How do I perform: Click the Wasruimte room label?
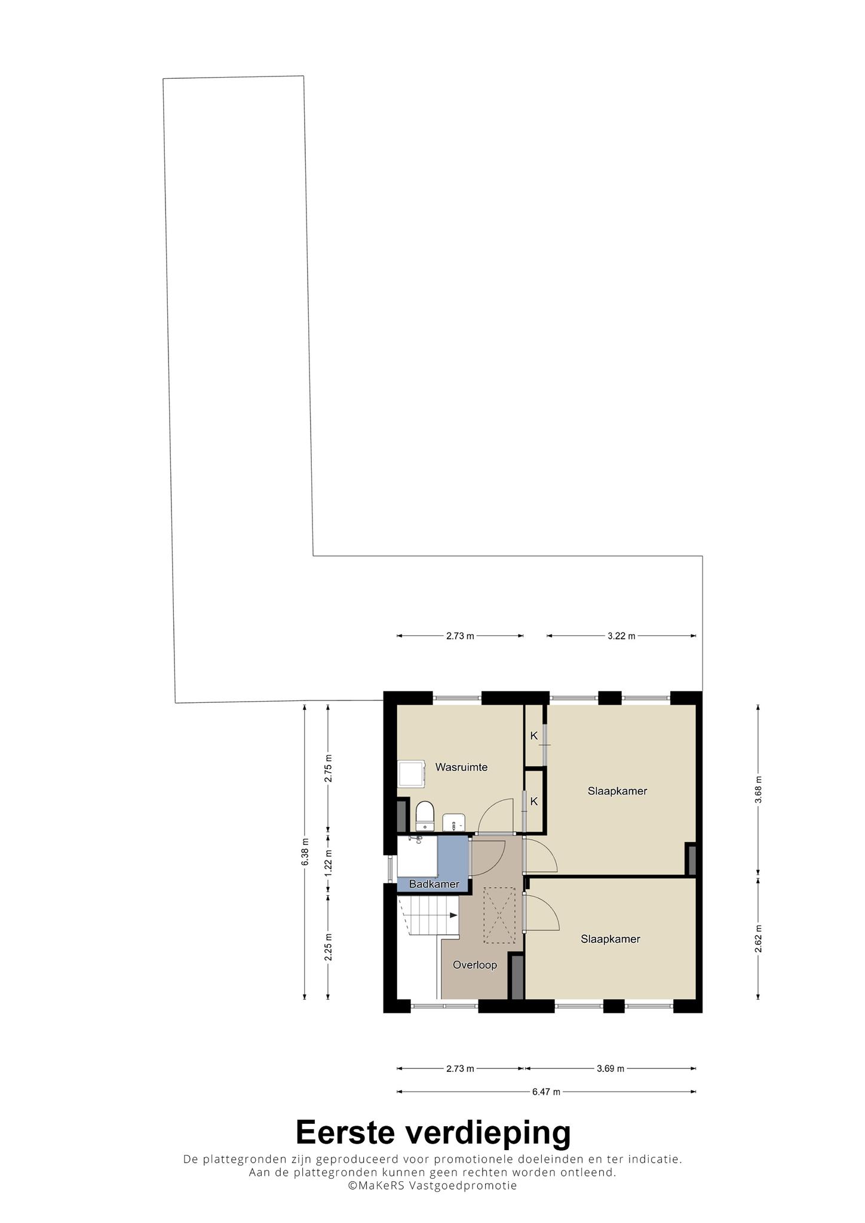pyautogui.click(x=461, y=767)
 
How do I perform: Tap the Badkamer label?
pyautogui.click(x=434, y=884)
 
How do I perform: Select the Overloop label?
pyautogui.click(x=475, y=965)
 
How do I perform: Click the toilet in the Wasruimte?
pyautogui.click(x=424, y=816)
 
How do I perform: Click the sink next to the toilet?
pyautogui.click(x=453, y=822)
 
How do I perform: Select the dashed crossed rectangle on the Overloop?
pyautogui.click(x=499, y=915)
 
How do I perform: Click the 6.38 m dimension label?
pyautogui.click(x=305, y=852)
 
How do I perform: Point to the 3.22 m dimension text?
pyautogui.click(x=621, y=636)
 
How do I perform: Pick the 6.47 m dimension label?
pyautogui.click(x=546, y=1092)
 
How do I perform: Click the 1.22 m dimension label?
pyautogui.click(x=328, y=863)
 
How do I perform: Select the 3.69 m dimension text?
pyautogui.click(x=610, y=1068)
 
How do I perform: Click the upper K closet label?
pyautogui.click(x=534, y=736)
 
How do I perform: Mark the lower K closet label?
pyautogui.click(x=534, y=801)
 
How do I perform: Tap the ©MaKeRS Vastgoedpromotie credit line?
pyautogui.click(x=432, y=1185)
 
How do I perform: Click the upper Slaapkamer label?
pyautogui.click(x=617, y=791)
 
